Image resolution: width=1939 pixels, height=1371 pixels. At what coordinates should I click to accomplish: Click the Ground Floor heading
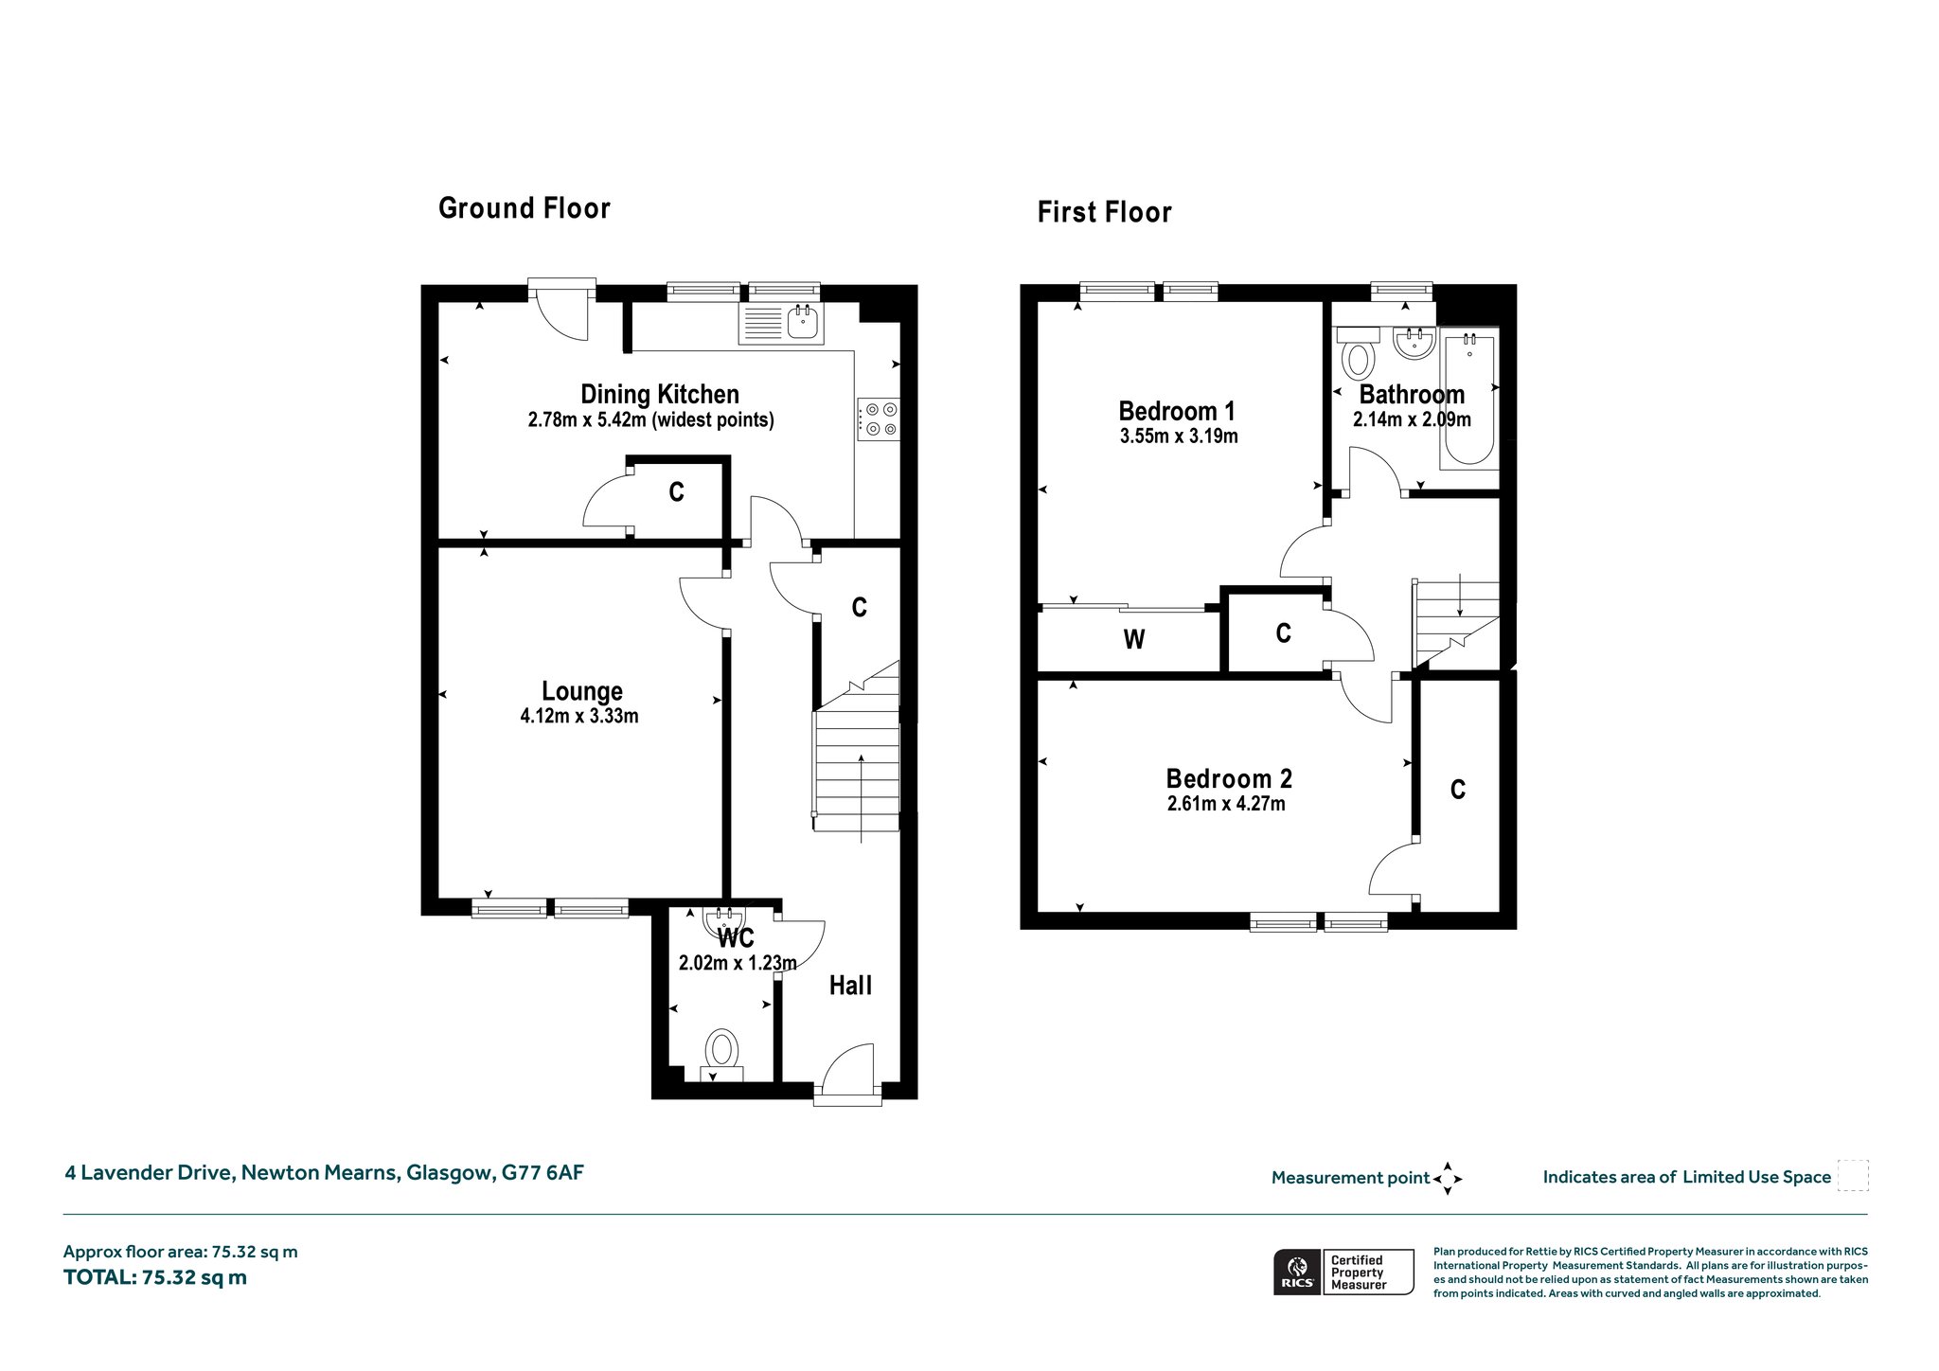(525, 208)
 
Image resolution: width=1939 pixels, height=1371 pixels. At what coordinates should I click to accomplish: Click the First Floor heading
(1104, 212)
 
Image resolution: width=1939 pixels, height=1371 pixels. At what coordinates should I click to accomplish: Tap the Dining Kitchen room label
(660, 394)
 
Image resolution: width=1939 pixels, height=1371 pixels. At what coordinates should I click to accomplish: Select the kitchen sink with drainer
(781, 323)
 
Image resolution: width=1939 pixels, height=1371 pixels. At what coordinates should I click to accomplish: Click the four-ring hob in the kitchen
(879, 419)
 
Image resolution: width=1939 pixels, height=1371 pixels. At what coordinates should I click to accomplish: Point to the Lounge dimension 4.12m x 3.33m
(579, 717)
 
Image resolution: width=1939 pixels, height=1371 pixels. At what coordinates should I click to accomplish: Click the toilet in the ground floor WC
(722, 1057)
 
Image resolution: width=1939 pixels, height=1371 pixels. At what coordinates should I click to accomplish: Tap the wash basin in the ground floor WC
(725, 920)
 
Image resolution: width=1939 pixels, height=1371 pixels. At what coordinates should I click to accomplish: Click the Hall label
(850, 986)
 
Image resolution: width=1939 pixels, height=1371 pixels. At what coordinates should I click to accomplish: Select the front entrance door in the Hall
(847, 1074)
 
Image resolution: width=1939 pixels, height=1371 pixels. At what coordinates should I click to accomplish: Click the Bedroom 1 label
(1177, 411)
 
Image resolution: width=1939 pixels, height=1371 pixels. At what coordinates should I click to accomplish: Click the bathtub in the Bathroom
(1468, 398)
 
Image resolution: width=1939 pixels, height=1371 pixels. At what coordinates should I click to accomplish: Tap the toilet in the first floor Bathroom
(1360, 352)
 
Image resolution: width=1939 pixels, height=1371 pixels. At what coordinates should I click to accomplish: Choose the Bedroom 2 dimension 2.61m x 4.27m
(1227, 805)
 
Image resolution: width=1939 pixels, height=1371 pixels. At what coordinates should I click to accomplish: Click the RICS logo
(1297, 1273)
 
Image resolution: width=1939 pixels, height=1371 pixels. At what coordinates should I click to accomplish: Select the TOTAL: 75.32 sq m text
(155, 1277)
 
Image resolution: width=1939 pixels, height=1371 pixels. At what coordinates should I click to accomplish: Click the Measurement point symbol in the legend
(1448, 1179)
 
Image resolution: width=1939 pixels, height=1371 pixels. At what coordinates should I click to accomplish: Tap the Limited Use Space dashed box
(1853, 1176)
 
